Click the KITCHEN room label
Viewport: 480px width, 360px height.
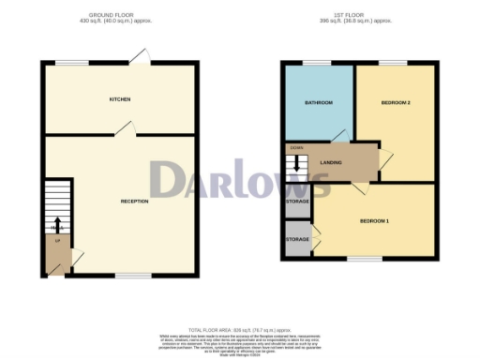point(119,98)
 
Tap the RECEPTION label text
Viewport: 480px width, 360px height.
point(135,202)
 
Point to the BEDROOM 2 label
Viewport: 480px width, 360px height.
point(395,102)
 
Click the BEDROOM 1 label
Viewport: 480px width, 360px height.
point(374,220)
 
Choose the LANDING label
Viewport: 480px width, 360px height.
point(331,162)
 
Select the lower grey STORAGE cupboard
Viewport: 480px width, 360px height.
point(297,240)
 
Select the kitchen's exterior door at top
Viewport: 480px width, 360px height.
point(138,58)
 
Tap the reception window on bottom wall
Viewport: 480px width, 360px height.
point(133,276)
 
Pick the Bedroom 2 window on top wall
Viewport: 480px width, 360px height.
point(393,63)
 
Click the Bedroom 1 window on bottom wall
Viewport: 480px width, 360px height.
point(365,259)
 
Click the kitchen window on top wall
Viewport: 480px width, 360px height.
point(71,63)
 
